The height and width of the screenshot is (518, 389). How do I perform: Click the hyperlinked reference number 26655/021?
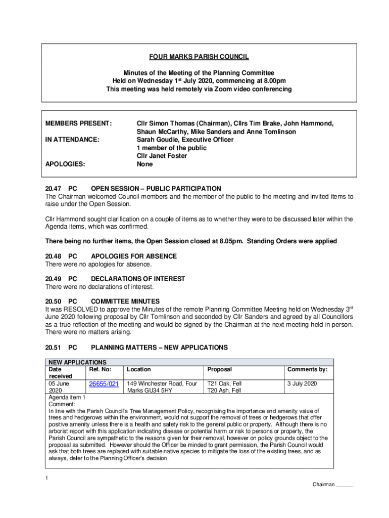104,384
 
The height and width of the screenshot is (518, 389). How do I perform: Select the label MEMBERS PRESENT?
78,123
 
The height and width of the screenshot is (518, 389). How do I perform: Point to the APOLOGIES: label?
65,164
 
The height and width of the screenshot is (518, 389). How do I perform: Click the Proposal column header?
220,370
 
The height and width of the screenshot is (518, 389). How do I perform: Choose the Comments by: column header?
307,370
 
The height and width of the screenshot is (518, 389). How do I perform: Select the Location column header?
139,370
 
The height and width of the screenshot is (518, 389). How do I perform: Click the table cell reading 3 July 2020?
302,384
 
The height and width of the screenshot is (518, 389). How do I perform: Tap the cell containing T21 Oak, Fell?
225,384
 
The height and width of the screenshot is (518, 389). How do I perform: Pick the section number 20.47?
54,189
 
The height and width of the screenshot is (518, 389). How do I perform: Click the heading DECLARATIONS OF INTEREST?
138,279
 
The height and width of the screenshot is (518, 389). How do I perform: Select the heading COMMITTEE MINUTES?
125,301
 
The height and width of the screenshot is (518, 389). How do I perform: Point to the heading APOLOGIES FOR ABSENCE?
134,256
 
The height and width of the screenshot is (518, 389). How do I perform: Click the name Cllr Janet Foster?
162,156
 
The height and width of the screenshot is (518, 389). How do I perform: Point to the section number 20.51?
54,348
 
